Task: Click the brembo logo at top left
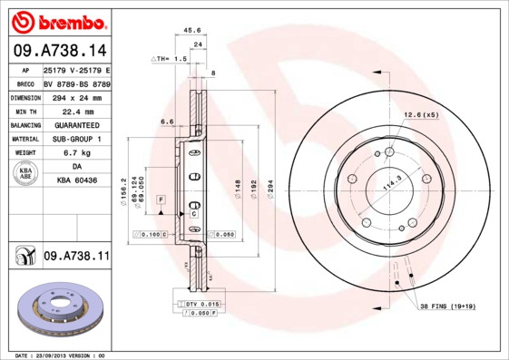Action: (61, 21)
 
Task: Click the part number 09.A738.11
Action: (76, 257)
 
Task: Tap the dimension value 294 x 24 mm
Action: (76, 96)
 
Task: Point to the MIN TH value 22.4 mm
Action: (76, 110)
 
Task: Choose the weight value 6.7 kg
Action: (76, 153)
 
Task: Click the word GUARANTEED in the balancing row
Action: (76, 124)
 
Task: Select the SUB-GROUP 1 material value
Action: (76, 139)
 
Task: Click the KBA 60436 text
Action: (76, 181)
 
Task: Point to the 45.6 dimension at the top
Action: (191, 31)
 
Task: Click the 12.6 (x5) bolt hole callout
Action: (420, 115)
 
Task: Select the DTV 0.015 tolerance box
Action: (202, 303)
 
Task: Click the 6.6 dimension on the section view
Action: (167, 121)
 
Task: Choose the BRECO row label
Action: (25, 83)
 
